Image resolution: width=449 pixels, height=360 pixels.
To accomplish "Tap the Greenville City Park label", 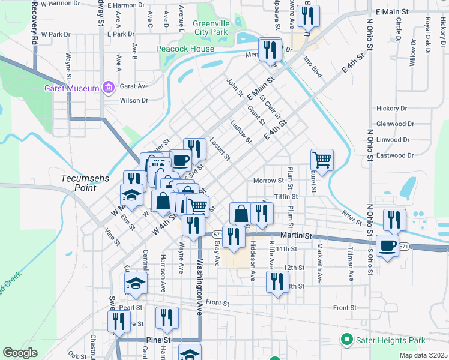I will click(x=211, y=28).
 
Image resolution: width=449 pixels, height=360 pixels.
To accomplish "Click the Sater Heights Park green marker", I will click(x=346, y=341).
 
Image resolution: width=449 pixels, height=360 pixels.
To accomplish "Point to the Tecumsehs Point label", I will click(x=79, y=183).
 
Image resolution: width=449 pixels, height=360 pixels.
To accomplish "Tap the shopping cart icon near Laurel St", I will click(x=322, y=160).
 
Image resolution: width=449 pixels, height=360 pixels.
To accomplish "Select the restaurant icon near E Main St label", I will click(x=308, y=16).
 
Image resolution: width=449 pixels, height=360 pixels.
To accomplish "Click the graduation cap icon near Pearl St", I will click(x=136, y=283).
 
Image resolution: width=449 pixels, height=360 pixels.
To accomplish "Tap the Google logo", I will click(x=20, y=353).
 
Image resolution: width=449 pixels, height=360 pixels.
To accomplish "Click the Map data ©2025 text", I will click(x=424, y=355).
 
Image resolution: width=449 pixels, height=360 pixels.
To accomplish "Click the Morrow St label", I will click(x=268, y=181).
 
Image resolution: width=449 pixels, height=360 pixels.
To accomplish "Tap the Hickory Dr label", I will click(x=391, y=109).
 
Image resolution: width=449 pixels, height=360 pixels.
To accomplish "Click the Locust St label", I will click(x=220, y=149).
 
